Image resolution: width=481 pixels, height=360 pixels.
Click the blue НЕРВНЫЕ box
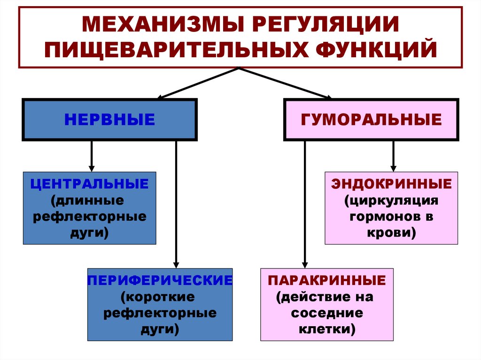(109, 119)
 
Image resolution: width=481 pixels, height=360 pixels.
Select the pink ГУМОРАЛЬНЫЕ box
(371, 119)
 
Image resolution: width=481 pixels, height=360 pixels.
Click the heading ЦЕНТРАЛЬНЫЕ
(89, 184)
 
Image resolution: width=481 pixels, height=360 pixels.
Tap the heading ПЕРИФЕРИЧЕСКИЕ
(160, 280)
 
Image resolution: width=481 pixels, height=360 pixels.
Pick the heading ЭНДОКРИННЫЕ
(391, 184)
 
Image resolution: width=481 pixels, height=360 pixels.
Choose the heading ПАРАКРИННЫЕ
(327, 280)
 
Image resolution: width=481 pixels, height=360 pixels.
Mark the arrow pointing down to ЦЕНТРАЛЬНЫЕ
(92, 156)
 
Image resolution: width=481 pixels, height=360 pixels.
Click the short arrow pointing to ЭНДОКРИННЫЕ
(393, 156)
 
